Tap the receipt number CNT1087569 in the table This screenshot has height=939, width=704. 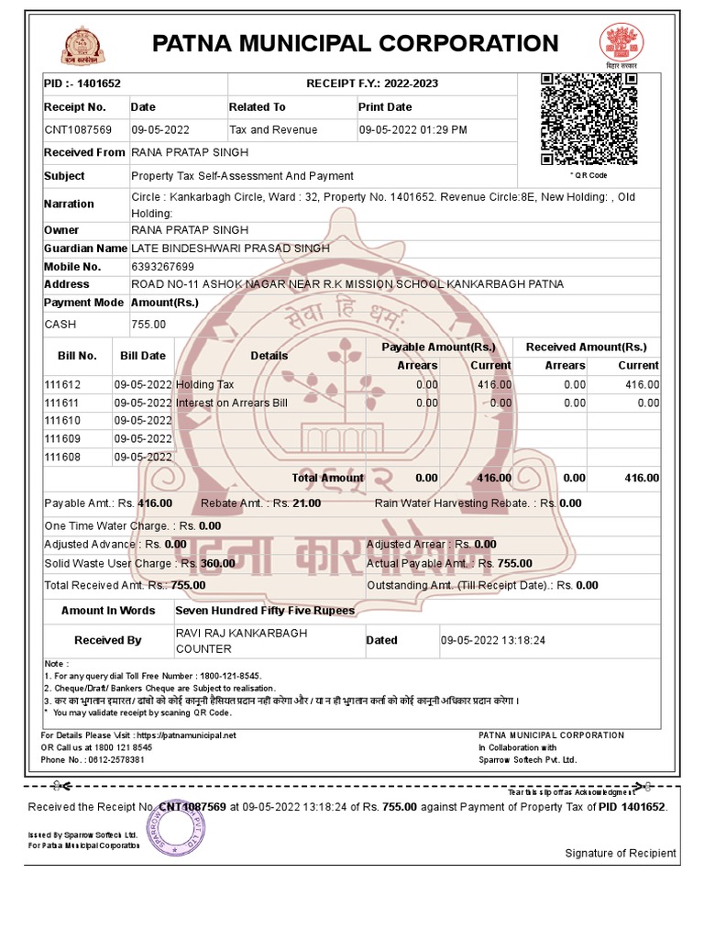point(78,130)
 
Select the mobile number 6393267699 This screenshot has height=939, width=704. point(162,267)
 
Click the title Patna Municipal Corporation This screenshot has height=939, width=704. point(355,43)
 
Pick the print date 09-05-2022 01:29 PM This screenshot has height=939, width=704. point(412,130)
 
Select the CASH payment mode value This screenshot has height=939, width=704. point(60,325)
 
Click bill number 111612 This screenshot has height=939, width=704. point(63,384)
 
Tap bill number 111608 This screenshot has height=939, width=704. point(63,457)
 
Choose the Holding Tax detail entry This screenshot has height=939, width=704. point(205,384)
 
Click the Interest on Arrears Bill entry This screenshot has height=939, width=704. point(232,403)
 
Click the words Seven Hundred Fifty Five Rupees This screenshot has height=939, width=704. point(265,610)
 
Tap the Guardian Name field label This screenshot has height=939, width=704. point(85,249)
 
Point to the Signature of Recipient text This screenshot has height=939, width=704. point(621,854)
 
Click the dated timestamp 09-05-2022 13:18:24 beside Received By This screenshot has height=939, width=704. point(493,640)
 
